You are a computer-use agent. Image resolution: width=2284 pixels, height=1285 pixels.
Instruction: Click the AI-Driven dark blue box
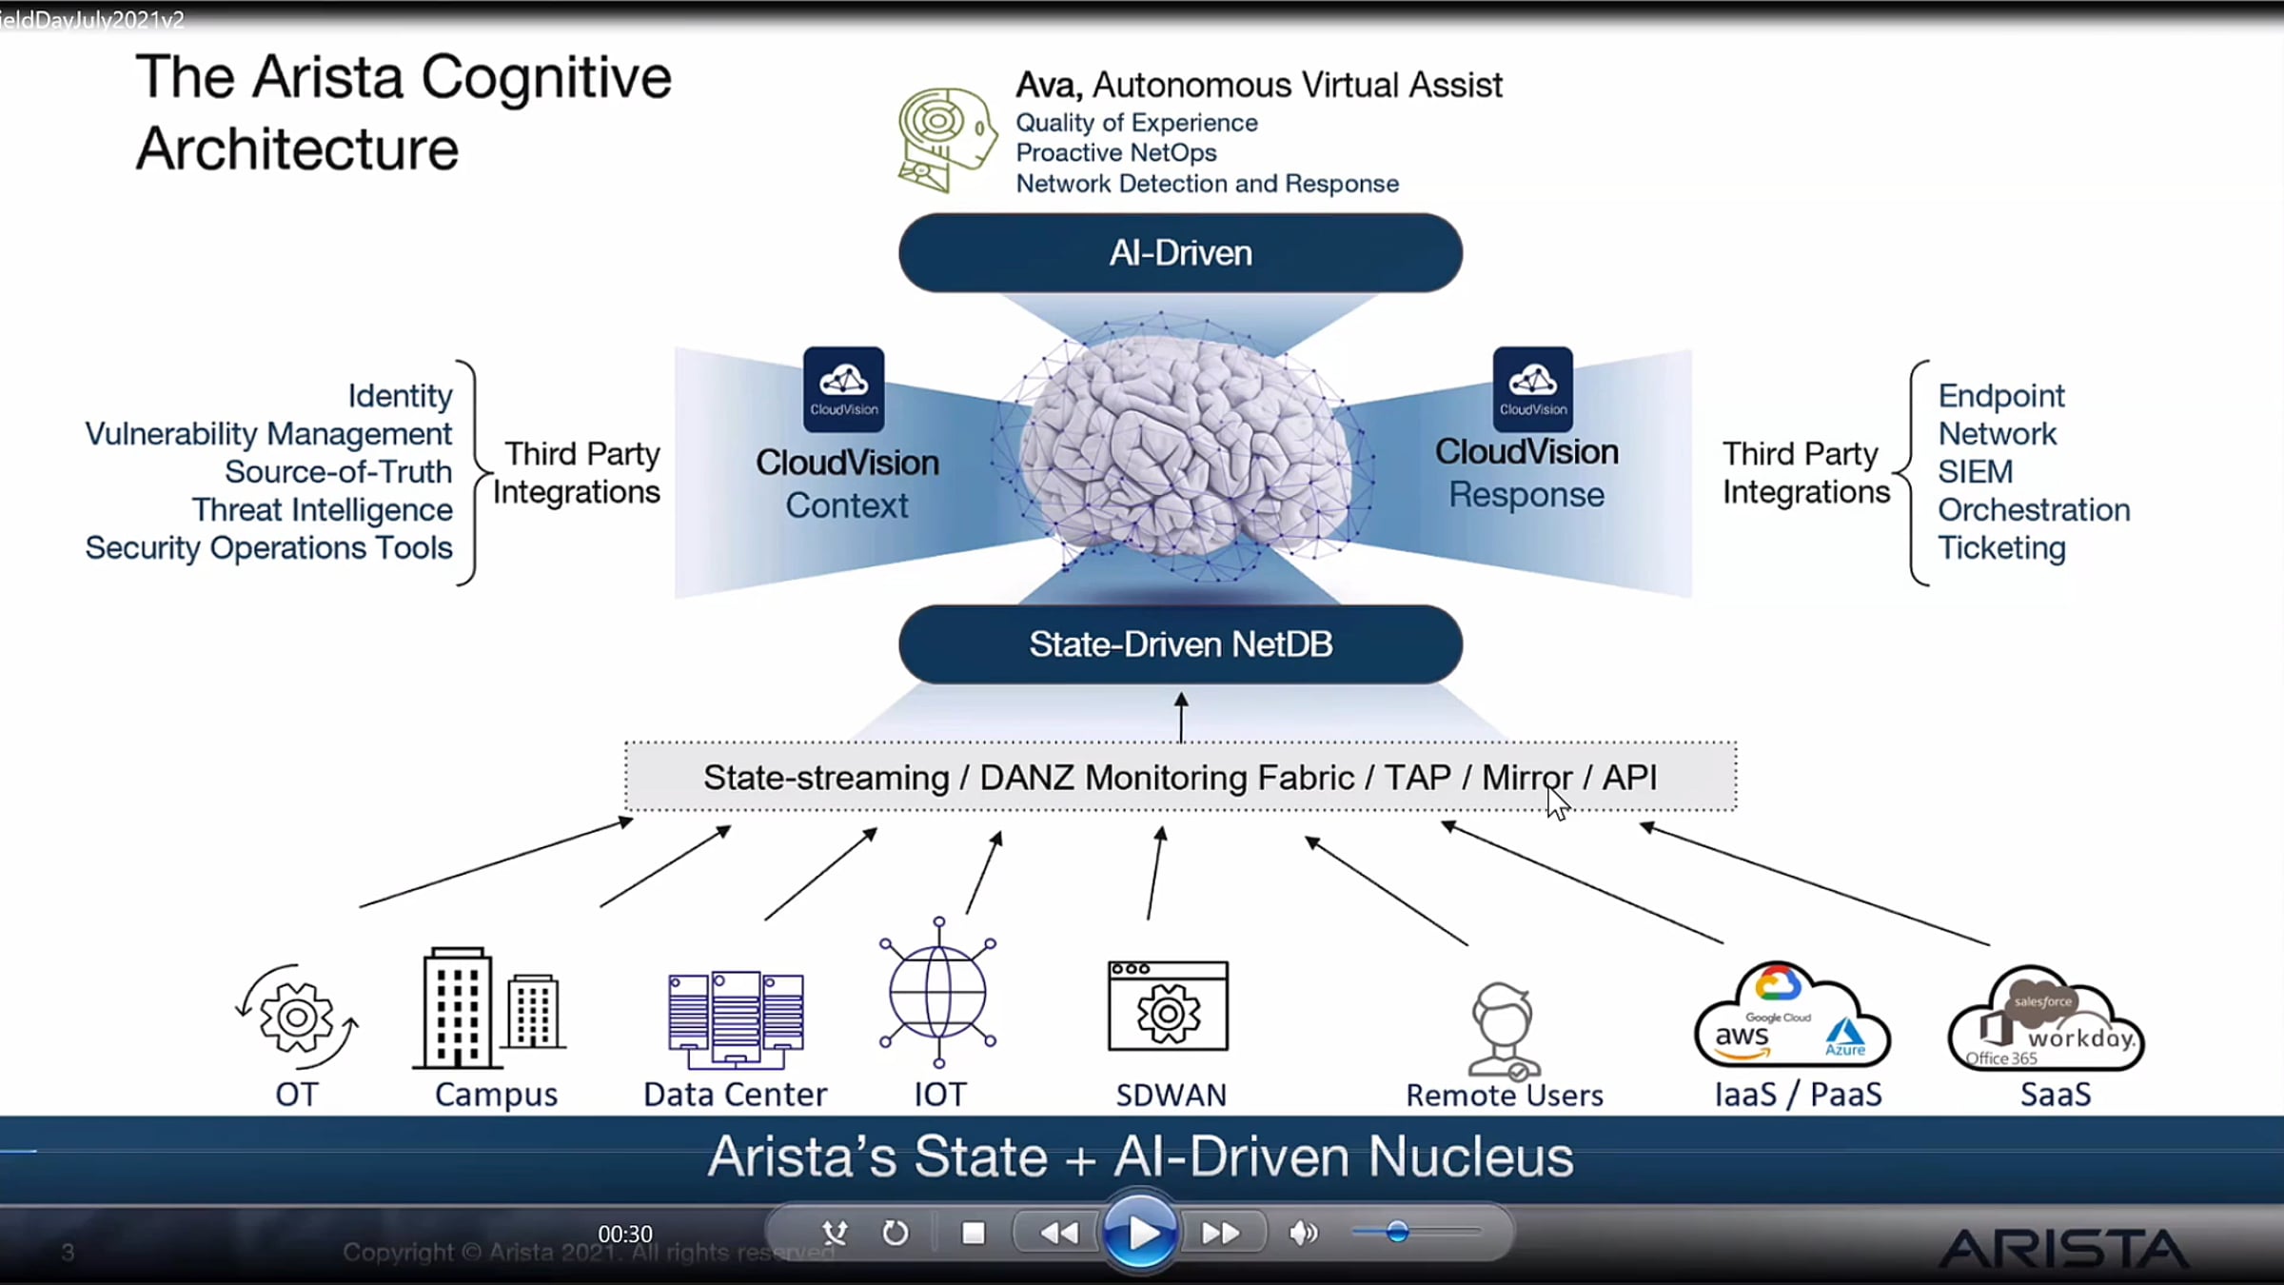click(x=1180, y=253)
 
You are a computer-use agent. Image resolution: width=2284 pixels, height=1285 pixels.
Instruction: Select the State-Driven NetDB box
click(x=1180, y=644)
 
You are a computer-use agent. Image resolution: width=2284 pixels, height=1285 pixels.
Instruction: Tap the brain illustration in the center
click(x=1185, y=447)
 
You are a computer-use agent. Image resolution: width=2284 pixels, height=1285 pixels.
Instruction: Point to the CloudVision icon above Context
click(x=843, y=389)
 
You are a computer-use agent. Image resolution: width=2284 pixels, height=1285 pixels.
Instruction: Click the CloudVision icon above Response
click(x=1532, y=389)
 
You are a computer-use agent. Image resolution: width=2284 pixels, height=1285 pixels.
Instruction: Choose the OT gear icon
click(x=297, y=1017)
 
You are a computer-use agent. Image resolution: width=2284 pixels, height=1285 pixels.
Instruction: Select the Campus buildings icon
click(x=489, y=1009)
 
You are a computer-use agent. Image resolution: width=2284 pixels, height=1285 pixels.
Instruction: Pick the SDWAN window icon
click(x=1168, y=1007)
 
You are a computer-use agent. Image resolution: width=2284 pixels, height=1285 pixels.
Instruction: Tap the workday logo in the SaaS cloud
click(x=2080, y=1038)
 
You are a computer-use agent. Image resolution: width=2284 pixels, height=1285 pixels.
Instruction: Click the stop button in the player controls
click(x=973, y=1234)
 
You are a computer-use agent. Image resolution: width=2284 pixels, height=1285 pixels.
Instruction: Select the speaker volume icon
click(x=1303, y=1234)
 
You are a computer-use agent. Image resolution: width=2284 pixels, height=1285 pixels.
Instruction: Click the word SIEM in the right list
click(x=1976, y=472)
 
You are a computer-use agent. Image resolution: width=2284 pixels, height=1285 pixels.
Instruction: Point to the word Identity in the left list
click(x=400, y=396)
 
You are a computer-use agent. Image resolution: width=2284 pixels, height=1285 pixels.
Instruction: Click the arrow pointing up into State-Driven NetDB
click(x=1181, y=716)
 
